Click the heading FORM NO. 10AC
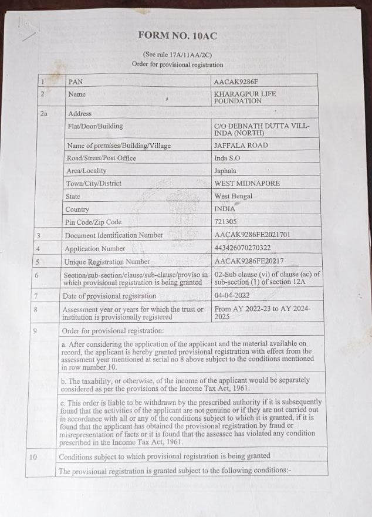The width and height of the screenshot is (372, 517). point(177,36)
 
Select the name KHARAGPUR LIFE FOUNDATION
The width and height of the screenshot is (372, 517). point(245,97)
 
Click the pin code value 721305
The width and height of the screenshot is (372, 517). point(226,222)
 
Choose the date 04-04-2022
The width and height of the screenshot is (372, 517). point(233,296)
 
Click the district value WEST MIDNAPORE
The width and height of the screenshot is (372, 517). point(247,183)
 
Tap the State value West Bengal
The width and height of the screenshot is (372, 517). point(234,196)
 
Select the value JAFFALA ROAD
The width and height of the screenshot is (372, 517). point(241,145)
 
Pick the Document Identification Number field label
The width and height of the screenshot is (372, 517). point(114,235)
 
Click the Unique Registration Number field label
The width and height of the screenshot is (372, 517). point(107,262)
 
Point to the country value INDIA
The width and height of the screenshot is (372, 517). point(225,209)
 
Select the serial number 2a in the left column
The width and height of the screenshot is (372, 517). point(43,113)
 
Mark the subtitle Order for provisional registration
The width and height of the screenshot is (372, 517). point(177,64)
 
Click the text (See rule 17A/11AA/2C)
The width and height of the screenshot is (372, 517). point(177,55)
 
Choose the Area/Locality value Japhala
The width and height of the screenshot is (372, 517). point(227,170)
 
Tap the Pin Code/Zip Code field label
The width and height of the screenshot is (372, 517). point(94,222)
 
